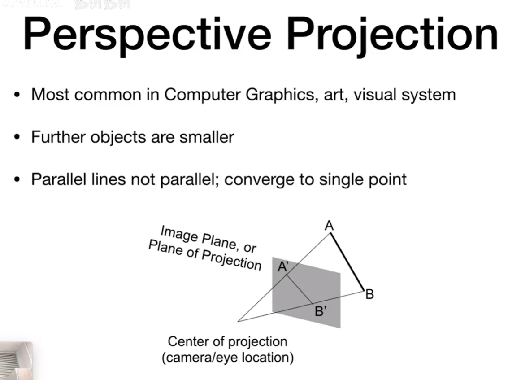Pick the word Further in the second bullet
pyautogui.click(x=58, y=137)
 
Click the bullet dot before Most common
pyautogui.click(x=17, y=96)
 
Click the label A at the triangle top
pyautogui.click(x=329, y=226)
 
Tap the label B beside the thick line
pyautogui.click(x=369, y=295)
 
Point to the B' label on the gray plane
pyautogui.click(x=320, y=311)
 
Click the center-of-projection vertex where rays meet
pyautogui.click(x=238, y=321)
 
